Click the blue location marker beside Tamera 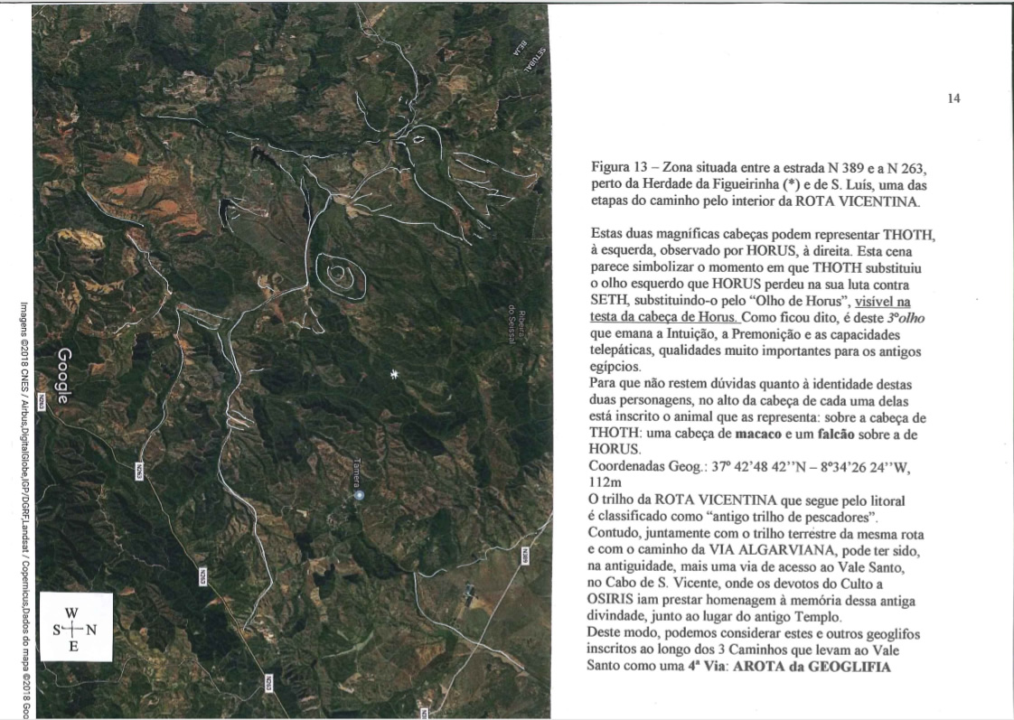359,496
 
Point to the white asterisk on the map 393,374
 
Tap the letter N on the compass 90,628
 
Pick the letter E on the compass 73,646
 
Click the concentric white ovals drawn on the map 340,274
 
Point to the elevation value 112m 605,482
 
